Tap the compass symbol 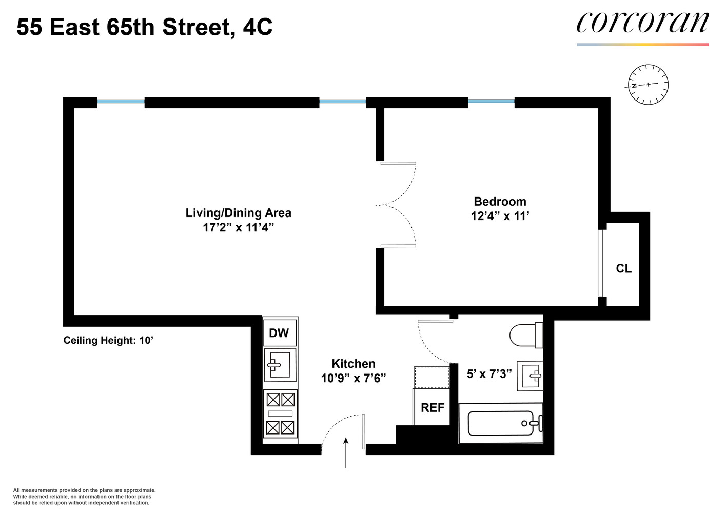[x=648, y=85]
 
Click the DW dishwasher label [x=279, y=333]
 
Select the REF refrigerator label [x=433, y=408]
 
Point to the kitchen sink [x=280, y=365]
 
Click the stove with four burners [x=280, y=413]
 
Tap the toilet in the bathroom [x=525, y=336]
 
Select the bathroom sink [x=530, y=376]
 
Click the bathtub [x=501, y=423]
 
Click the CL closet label [x=623, y=269]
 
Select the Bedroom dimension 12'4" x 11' [x=500, y=216]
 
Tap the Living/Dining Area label [x=238, y=213]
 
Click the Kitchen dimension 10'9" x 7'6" [x=353, y=379]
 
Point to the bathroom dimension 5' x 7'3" [x=489, y=374]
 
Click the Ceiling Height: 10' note [x=108, y=340]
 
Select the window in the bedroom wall [x=490, y=101]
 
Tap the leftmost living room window [x=121, y=102]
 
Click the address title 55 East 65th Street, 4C [x=144, y=27]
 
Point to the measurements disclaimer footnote [x=84, y=497]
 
